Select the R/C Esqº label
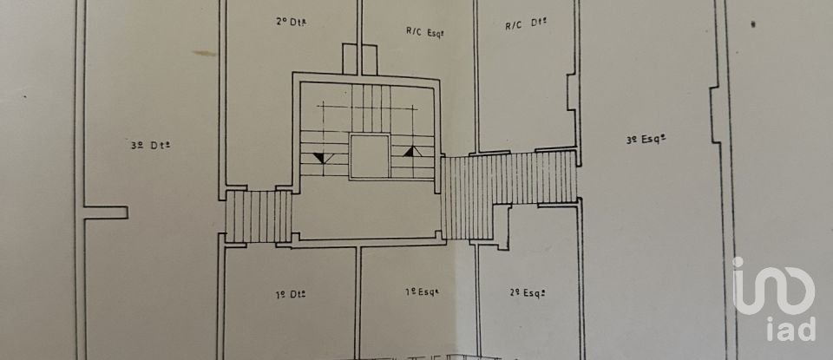[425, 33]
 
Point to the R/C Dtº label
[527, 25]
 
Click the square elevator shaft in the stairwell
[369, 157]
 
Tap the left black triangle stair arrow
[322, 157]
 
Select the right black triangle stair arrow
[414, 154]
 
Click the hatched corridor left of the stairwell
[259, 216]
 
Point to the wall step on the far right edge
[715, 113]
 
